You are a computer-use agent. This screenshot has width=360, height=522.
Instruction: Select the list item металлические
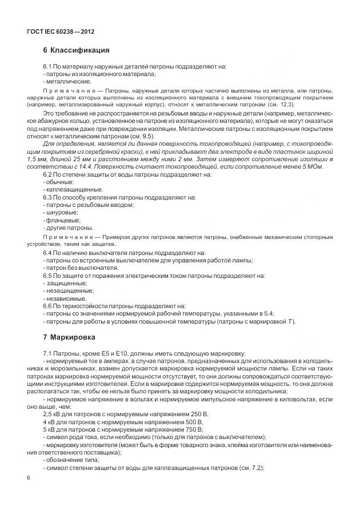point(64,81)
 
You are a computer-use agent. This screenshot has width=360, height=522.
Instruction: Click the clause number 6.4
point(48,252)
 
